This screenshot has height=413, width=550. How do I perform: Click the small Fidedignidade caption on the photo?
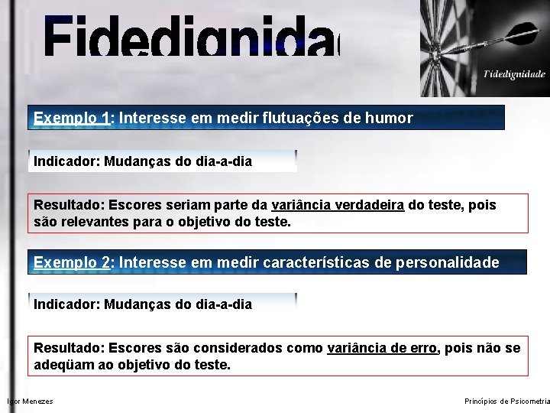pos(514,74)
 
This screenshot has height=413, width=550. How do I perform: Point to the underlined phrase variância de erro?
pos(382,348)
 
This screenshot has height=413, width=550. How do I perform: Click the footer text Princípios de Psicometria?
pos(506,402)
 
